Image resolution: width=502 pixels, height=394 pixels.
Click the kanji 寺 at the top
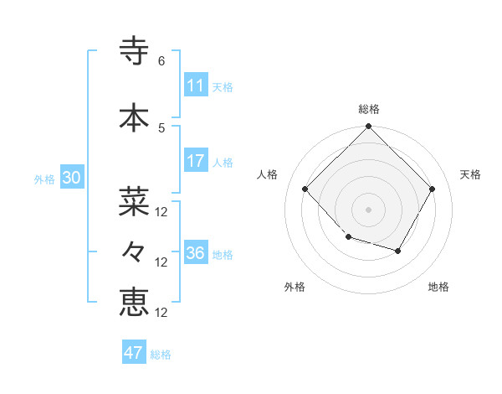[134, 51]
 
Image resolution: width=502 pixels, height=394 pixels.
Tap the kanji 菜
[134, 201]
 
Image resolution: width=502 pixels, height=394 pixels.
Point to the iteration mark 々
[134, 251]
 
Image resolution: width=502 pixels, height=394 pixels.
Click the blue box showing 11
[196, 86]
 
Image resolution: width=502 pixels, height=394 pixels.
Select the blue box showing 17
[196, 161]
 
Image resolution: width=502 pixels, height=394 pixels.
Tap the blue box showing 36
[196, 253]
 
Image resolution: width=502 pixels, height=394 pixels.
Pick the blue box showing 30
[71, 178]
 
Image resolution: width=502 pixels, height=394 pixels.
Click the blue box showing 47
[134, 353]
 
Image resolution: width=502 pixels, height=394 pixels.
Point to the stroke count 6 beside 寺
[161, 61]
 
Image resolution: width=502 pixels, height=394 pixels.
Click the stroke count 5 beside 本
[161, 127]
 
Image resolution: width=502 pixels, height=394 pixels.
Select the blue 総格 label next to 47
[161, 355]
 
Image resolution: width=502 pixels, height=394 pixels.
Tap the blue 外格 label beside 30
[44, 179]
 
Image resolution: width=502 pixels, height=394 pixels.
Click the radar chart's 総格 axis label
[368, 109]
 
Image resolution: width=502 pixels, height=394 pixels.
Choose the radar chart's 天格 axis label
[471, 174]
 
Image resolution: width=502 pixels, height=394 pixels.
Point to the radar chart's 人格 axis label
[267, 174]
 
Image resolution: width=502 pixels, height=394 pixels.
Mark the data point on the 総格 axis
[368, 127]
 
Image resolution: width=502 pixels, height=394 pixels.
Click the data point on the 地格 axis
[398, 251]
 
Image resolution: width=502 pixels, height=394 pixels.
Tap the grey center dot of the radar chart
[368, 209]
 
